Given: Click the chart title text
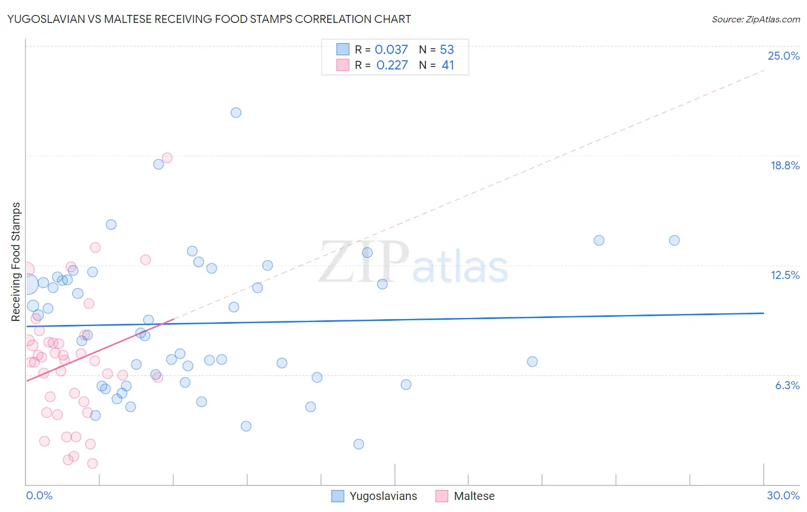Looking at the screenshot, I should click(209, 19).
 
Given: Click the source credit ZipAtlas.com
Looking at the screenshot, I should click(755, 19).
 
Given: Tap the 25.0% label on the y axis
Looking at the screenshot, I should click(783, 56).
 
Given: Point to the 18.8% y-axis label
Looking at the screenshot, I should click(785, 165).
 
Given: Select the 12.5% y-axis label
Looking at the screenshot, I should click(785, 275).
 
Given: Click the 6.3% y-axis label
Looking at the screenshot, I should click(787, 385).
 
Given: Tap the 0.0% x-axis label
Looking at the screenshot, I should click(39, 495).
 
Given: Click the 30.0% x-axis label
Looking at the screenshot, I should click(783, 495).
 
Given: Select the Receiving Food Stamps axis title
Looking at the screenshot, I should click(16, 262).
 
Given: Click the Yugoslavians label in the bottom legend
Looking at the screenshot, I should click(383, 496).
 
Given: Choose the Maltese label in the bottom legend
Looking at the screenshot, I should click(474, 496).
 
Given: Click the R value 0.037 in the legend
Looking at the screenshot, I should click(391, 50).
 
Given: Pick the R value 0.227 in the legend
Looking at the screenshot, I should click(392, 65).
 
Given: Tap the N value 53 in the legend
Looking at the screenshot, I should click(447, 50).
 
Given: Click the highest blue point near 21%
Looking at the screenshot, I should click(236, 113).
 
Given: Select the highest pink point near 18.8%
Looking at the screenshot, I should click(167, 158).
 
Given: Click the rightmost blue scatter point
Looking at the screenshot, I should click(674, 241).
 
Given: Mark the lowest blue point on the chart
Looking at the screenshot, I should click(359, 444).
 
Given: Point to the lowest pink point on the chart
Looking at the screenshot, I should click(92, 463).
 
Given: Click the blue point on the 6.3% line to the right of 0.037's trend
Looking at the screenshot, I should click(317, 377).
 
